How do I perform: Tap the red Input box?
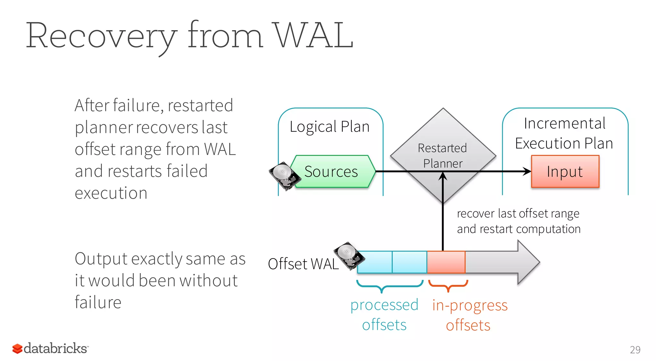pos(565,172)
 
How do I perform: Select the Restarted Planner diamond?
pos(443,141)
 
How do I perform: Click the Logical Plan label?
pos(330,127)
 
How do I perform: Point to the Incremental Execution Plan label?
pos(564,133)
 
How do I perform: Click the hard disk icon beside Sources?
pos(284,175)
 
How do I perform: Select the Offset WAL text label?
pos(303,264)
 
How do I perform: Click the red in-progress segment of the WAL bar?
pos(446,262)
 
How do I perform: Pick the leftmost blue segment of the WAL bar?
pos(374,262)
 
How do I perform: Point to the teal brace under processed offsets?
pos(389,285)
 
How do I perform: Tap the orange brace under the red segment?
pos(448,285)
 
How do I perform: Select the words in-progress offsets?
pos(470,315)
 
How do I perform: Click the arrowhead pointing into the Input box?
pos(527,172)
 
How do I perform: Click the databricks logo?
pos(50,348)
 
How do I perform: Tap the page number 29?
pos(635,349)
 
